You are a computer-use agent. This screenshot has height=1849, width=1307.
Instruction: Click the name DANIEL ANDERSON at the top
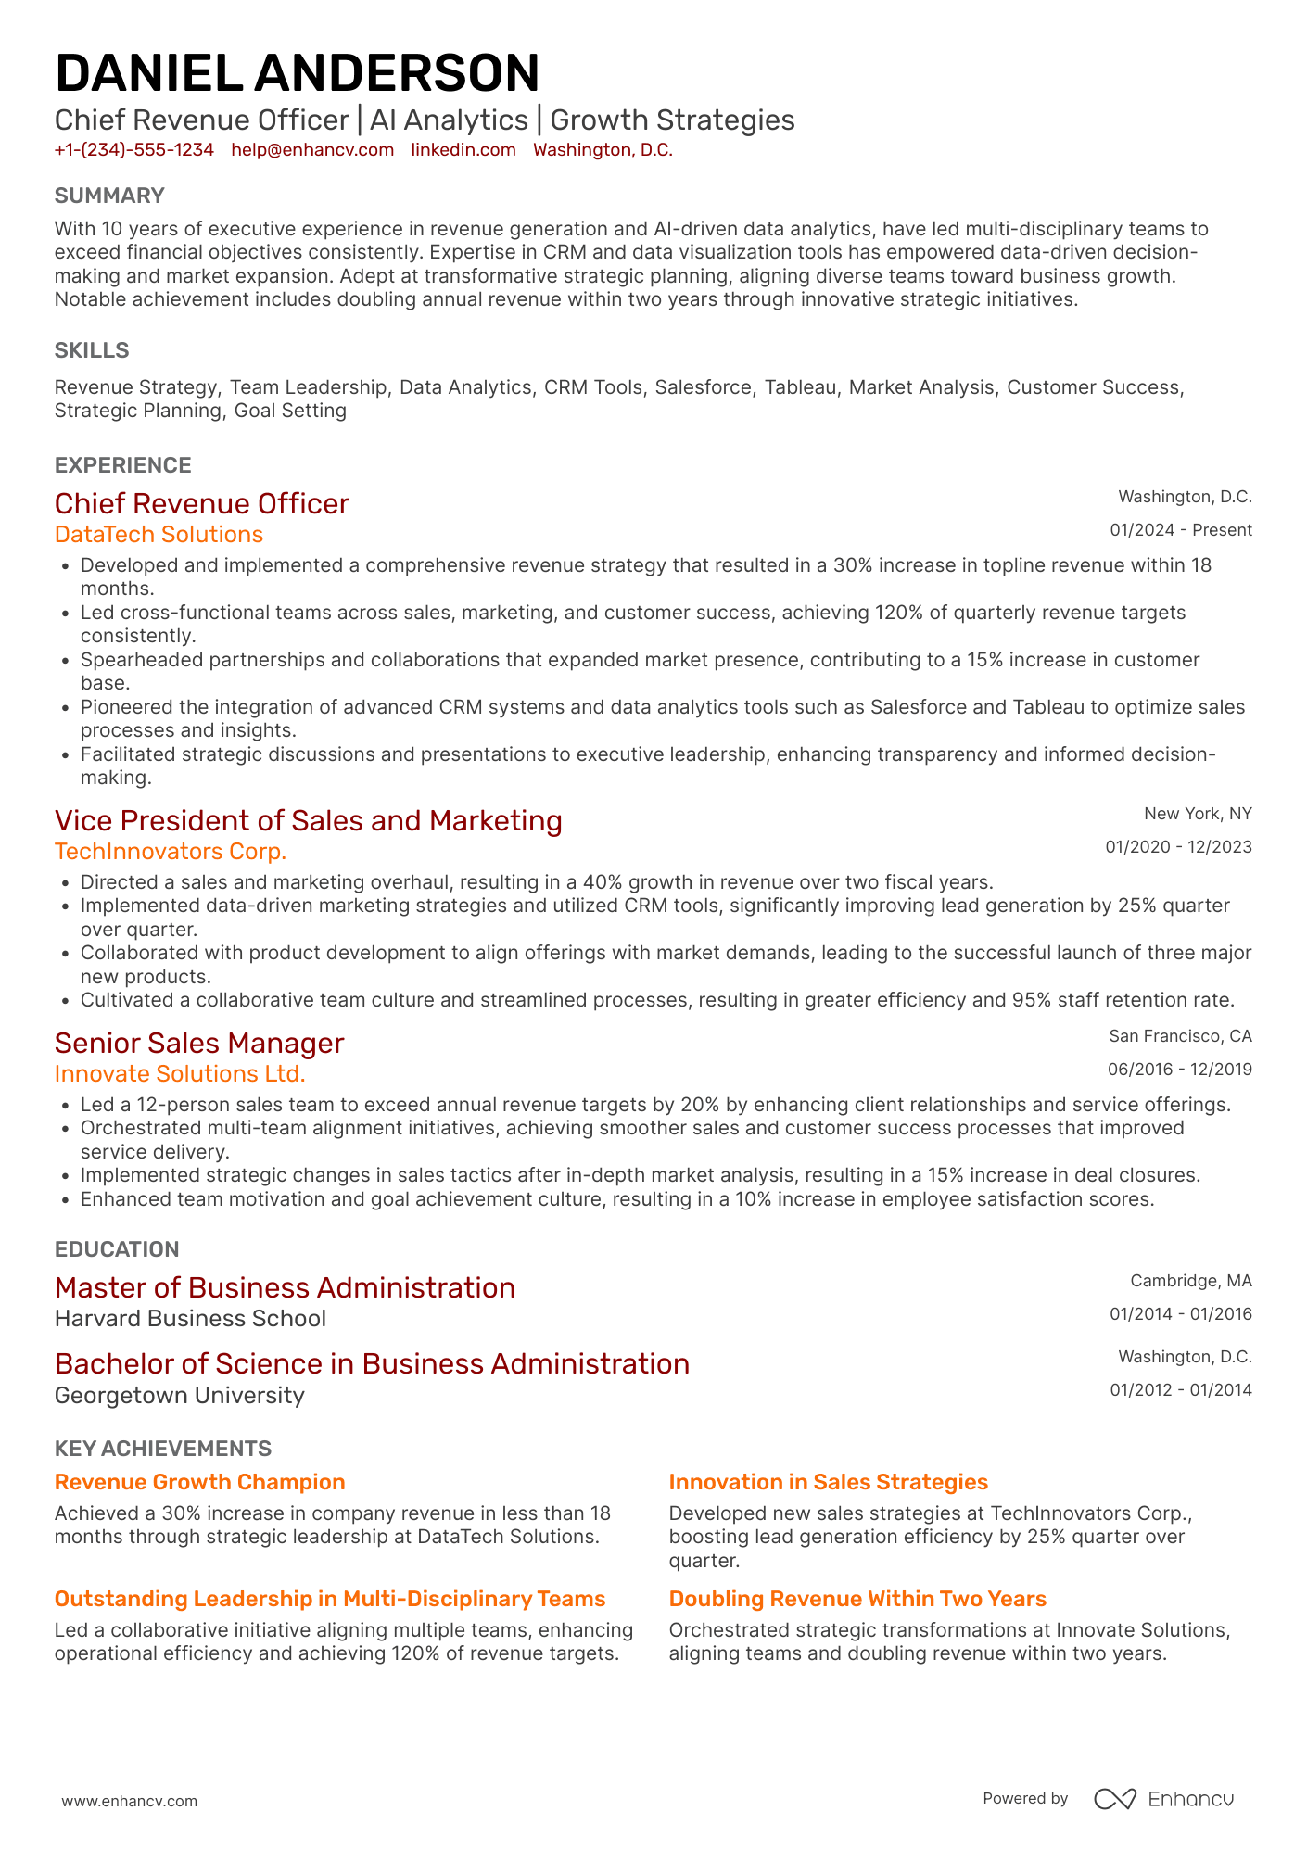297,74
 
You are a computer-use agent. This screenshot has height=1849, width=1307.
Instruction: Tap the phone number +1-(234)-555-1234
134,150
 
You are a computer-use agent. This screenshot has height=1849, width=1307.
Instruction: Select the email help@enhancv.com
312,150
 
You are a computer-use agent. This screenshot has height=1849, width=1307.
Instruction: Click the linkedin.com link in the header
463,150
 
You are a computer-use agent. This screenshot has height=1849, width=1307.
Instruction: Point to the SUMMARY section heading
109,196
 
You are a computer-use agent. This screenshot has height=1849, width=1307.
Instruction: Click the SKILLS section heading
92,350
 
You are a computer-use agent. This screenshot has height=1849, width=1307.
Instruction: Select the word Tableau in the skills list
800,387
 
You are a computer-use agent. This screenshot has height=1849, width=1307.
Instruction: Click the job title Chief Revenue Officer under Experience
202,503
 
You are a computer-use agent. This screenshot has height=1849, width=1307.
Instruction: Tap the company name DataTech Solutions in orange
159,535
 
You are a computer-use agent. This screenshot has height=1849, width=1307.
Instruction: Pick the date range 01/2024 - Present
1181,530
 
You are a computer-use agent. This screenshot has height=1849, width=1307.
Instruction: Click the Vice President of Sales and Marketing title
309,820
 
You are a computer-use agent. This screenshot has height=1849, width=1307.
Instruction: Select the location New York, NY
1198,814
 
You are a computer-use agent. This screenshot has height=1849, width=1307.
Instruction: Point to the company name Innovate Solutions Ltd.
180,1074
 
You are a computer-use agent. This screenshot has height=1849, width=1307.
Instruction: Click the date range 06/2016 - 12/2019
1179,1070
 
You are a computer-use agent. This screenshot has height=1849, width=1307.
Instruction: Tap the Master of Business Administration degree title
285,1287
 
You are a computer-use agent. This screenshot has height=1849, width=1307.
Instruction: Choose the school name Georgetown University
179,1396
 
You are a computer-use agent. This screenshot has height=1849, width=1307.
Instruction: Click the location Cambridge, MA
1190,1281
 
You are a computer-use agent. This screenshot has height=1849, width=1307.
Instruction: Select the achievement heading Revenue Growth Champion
199,1482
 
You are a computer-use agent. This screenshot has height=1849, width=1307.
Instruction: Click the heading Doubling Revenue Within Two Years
857,1599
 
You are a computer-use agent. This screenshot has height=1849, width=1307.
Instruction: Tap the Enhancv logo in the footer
1164,1799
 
